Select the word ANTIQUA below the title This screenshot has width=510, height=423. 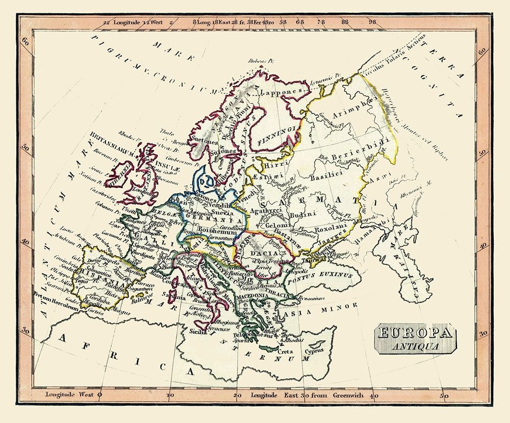(x=416, y=346)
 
